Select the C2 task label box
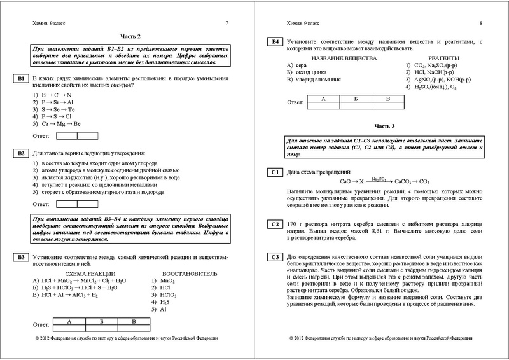click(x=274, y=224)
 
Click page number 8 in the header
click(x=480, y=24)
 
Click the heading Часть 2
click(x=130, y=37)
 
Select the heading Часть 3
click(x=384, y=126)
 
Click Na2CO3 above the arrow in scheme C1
click(x=379, y=179)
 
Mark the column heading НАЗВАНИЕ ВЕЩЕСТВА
click(x=341, y=58)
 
